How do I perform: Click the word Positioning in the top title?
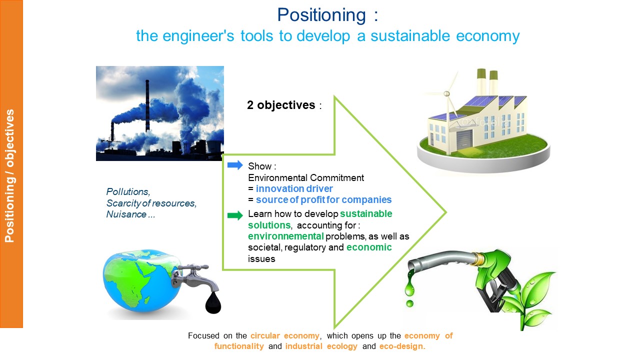(321, 15)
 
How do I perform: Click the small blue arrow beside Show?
(235, 165)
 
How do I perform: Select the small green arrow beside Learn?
(235, 215)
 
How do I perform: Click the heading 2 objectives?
(281, 105)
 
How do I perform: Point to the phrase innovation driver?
(294, 188)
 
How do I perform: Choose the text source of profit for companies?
(323, 199)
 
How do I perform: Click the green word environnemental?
(285, 236)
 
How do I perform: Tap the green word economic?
(369, 247)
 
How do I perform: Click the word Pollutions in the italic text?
(128, 191)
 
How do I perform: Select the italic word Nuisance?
(126, 214)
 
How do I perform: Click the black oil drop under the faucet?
(213, 303)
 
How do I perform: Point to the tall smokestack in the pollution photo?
(147, 105)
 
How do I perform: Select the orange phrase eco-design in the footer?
(402, 346)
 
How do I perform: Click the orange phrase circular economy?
(285, 335)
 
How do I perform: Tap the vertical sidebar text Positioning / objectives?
(9, 175)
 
